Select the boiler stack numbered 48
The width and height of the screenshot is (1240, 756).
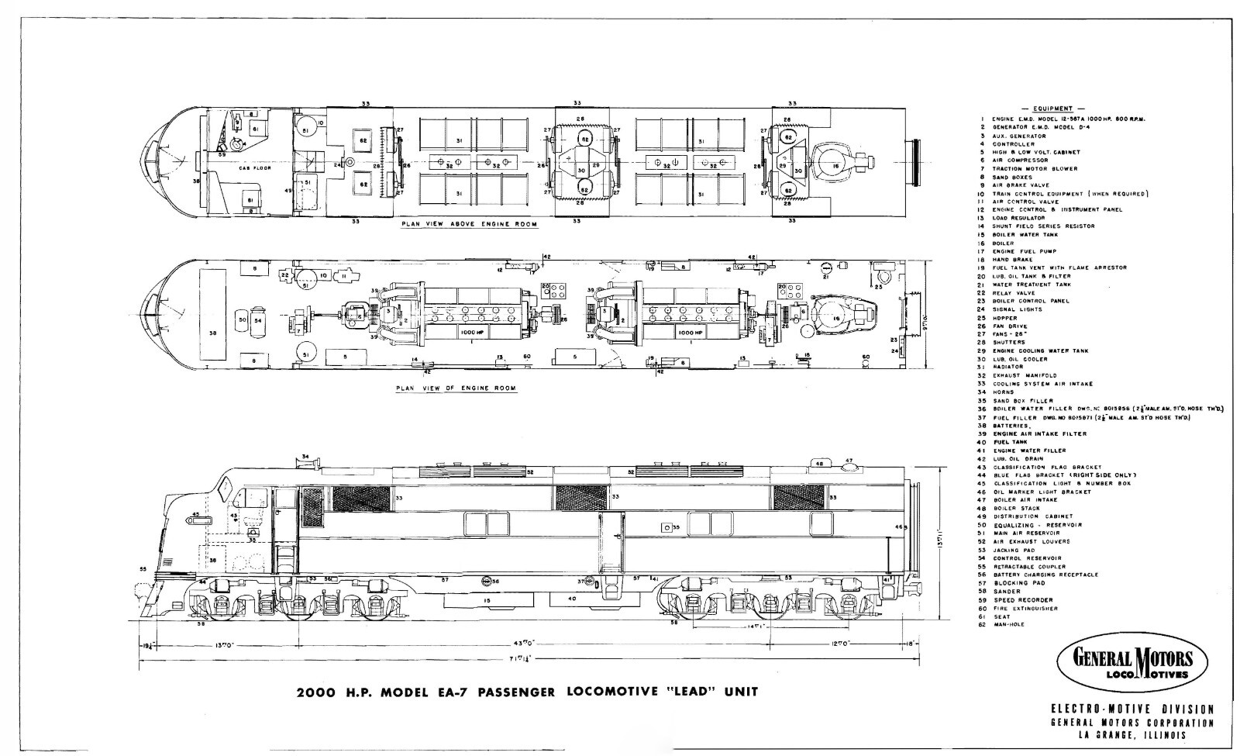click(820, 464)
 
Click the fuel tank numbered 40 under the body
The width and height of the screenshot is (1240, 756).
click(572, 599)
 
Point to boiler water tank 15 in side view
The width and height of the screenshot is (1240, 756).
click(487, 600)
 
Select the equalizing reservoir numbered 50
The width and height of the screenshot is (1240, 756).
click(242, 319)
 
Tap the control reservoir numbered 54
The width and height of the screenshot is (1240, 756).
click(258, 319)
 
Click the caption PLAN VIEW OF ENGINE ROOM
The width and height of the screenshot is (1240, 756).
click(456, 388)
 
